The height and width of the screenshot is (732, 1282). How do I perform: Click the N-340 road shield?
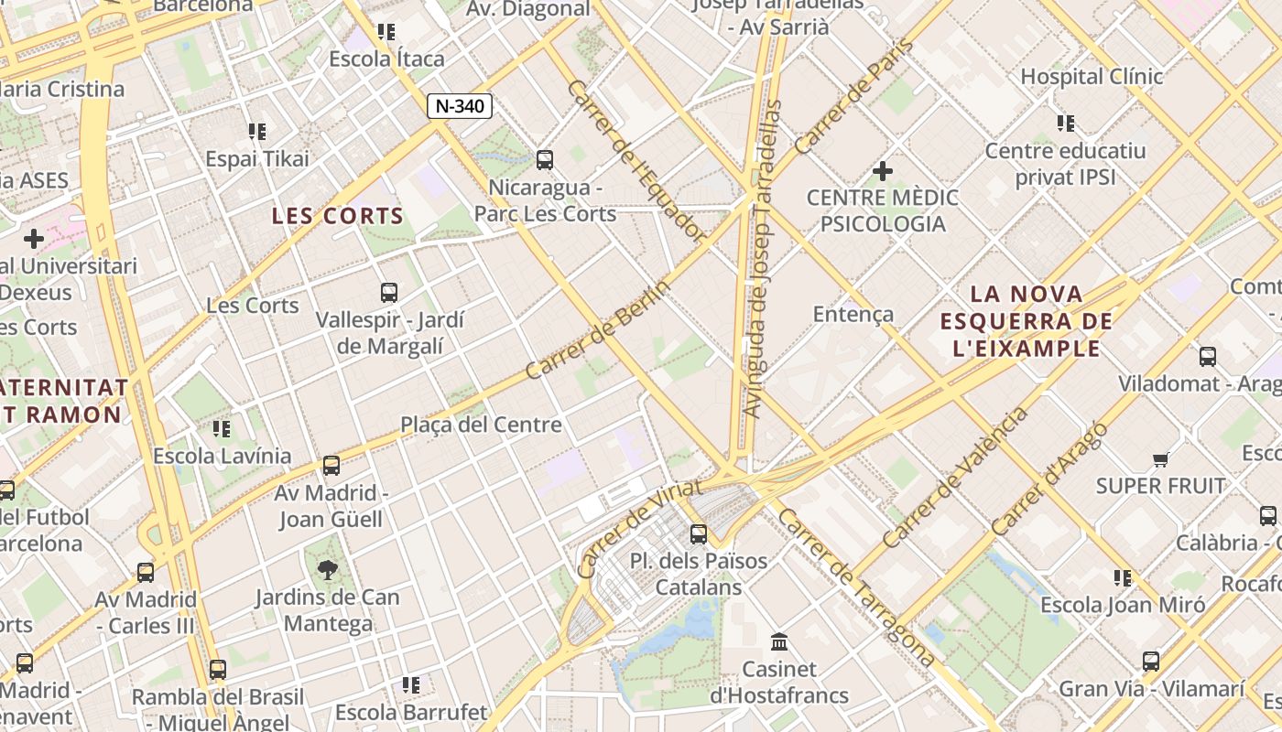click(460, 106)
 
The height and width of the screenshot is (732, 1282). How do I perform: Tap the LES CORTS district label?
click(337, 216)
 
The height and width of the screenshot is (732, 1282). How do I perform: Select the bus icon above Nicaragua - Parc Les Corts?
click(545, 160)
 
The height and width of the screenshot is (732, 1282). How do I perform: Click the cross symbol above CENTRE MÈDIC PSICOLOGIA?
click(883, 171)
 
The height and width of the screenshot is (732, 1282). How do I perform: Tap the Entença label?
click(853, 314)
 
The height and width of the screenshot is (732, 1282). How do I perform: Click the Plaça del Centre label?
click(481, 425)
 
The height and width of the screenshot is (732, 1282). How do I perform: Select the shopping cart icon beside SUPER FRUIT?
click(1161, 459)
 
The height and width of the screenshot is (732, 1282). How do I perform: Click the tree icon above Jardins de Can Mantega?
click(327, 570)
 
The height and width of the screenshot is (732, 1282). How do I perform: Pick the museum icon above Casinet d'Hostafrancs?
click(780, 641)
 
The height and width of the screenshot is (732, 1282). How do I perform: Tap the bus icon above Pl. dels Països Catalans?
click(699, 533)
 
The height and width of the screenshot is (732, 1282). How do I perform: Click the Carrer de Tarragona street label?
click(856, 587)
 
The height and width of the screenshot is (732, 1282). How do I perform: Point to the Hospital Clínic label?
click(1092, 76)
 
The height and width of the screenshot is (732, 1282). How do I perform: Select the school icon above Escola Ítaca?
click(386, 32)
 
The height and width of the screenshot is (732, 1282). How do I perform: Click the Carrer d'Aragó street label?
click(1049, 479)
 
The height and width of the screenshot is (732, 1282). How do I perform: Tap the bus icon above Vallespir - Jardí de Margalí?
click(389, 293)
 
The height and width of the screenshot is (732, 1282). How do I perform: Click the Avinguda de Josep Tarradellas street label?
click(762, 259)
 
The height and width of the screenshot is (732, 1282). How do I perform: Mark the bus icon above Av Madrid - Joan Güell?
click(331, 466)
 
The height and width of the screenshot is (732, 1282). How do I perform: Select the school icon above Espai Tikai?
click(257, 132)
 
